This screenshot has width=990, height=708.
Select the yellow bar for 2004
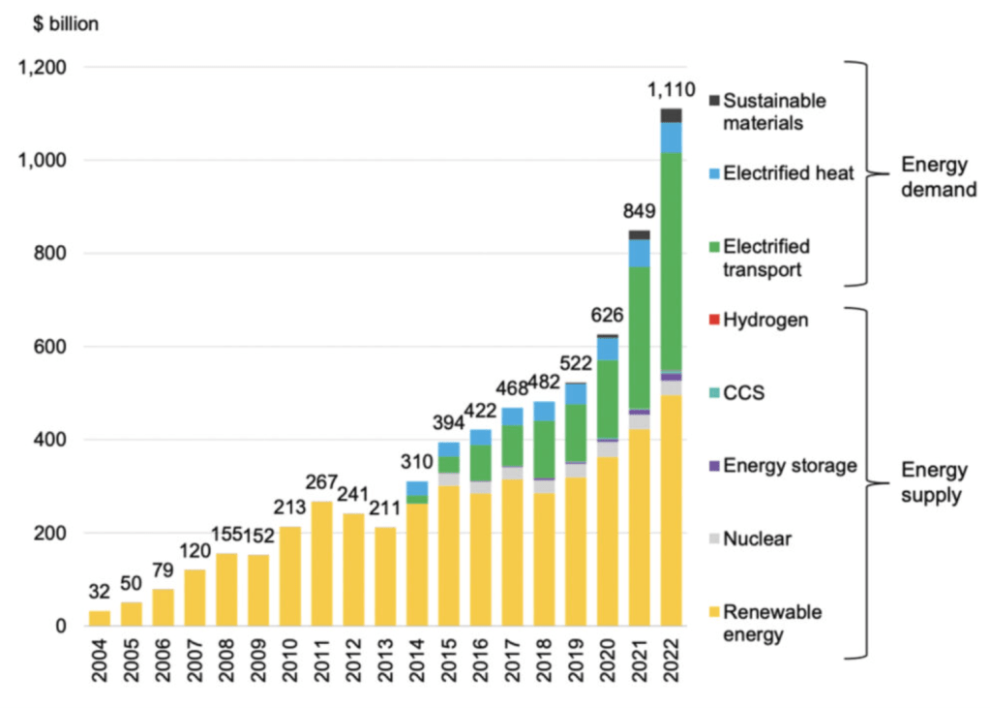coord(99,618)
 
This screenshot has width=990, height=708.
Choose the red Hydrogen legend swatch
coord(714,320)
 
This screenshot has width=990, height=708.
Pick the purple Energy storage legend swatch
coord(714,466)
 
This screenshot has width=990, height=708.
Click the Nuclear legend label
coord(758,539)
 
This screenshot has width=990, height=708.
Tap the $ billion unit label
coord(59,24)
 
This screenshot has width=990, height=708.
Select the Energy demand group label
coord(933,176)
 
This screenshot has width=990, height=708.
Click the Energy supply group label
coord(933,482)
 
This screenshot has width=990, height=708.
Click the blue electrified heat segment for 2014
coord(417,488)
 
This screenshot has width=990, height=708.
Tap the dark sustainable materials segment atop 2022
coord(672,115)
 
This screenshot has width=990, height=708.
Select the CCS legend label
coord(742,393)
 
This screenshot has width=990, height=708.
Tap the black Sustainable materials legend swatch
coord(714,101)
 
